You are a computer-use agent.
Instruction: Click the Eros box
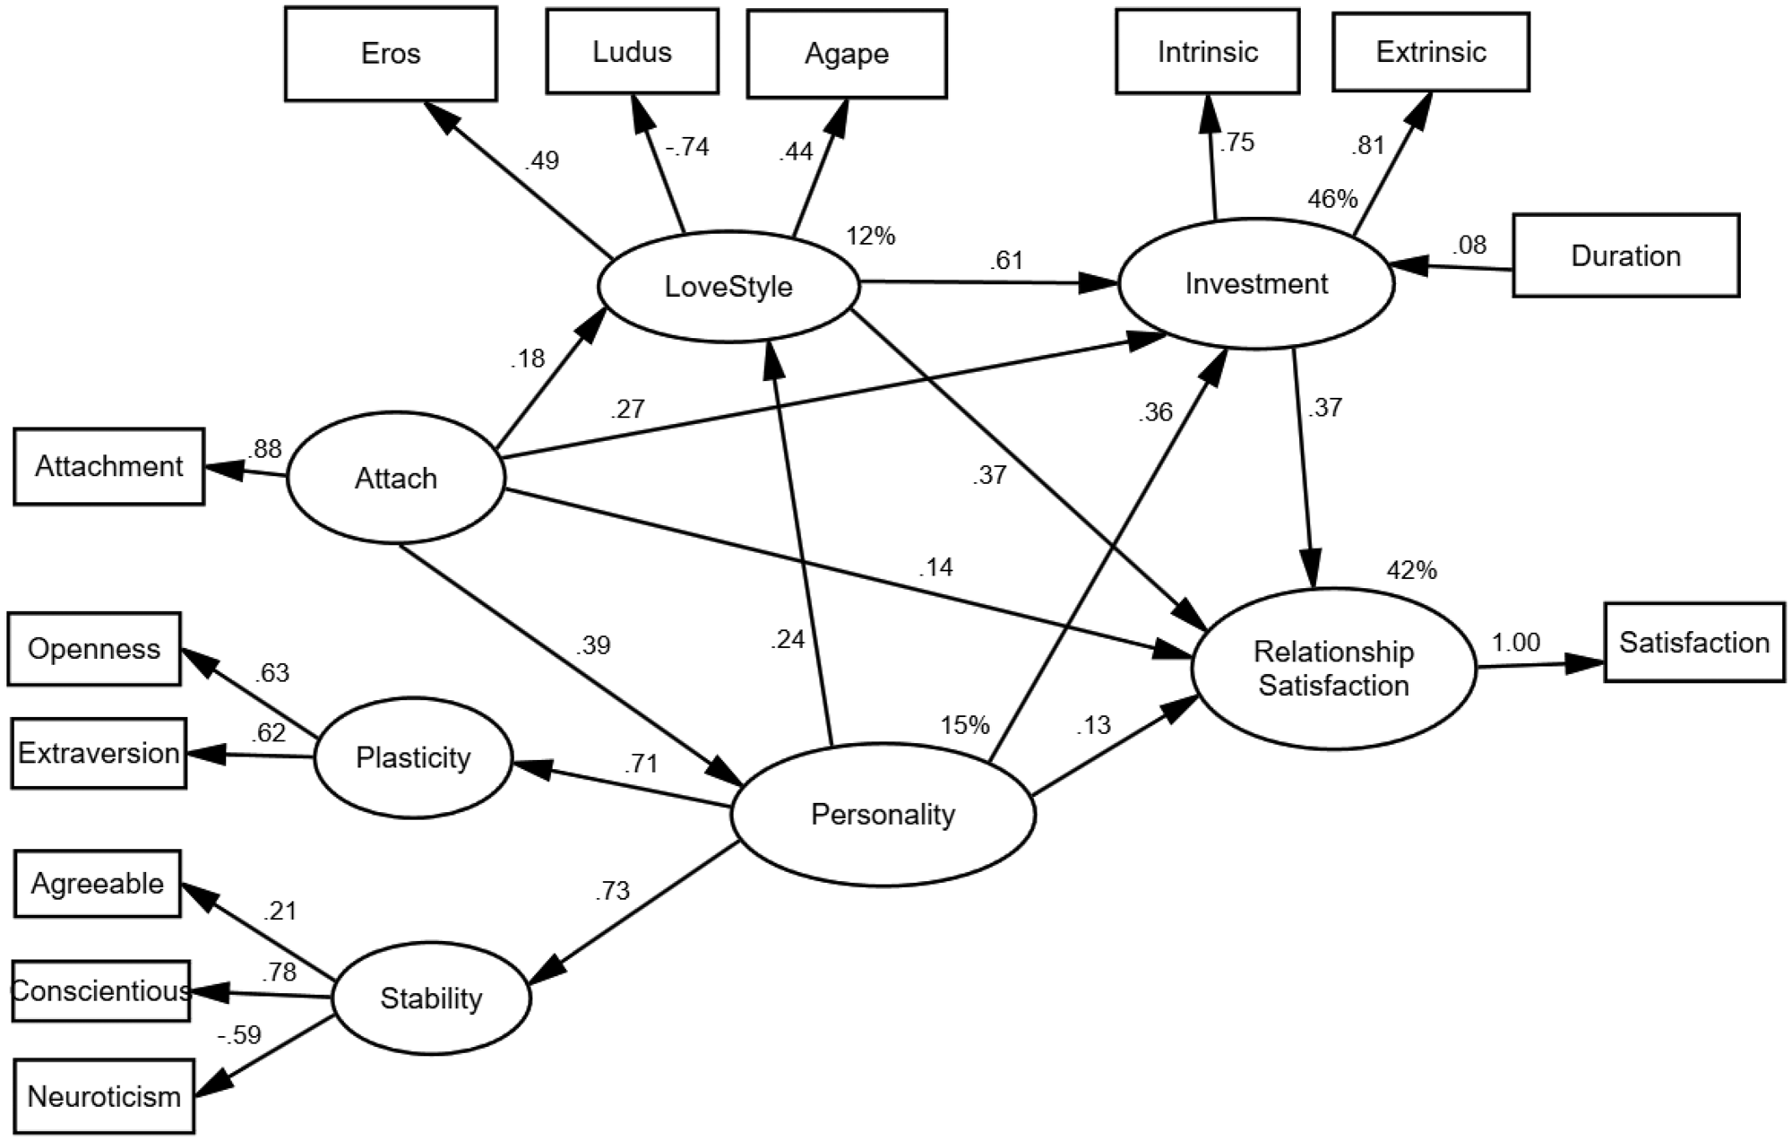[x=391, y=54]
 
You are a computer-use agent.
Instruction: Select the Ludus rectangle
[x=632, y=51]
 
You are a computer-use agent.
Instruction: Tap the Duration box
[x=1625, y=255]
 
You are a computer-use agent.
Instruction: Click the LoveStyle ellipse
[x=728, y=287]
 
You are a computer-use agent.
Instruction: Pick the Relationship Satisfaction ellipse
[x=1333, y=669]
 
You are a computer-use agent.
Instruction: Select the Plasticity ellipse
[x=413, y=758]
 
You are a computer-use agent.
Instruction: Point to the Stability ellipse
[x=431, y=998]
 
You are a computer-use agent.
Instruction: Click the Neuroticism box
[x=104, y=1096]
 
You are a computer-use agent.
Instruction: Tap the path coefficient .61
[x=1006, y=261]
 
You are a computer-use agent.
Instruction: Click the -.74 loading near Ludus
[x=687, y=146]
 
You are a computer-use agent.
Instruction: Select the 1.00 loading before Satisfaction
[x=1515, y=642]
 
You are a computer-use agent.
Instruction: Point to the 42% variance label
[x=1411, y=570]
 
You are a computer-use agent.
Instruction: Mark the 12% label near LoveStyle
[x=870, y=236]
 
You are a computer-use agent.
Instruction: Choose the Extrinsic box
[x=1431, y=52]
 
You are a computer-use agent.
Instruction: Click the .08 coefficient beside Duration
[x=1469, y=244]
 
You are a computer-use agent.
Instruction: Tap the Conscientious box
[x=101, y=990]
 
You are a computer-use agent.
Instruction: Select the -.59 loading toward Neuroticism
[x=239, y=1035]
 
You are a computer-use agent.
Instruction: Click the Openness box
[x=94, y=649]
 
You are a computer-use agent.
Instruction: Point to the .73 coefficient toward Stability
[x=611, y=891]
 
